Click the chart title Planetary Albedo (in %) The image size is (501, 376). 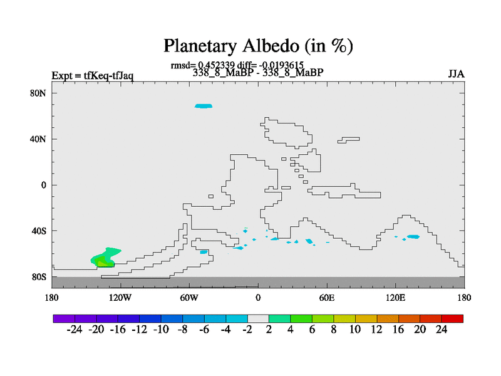[258, 46]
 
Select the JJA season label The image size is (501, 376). [456, 74]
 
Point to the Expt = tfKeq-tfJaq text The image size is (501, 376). [93, 76]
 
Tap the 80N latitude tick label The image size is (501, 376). [38, 93]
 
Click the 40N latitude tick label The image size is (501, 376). [38, 139]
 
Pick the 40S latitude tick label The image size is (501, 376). [39, 231]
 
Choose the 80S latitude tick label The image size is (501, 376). [39, 277]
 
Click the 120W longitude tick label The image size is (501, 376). [120, 298]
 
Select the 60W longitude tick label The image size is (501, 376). [189, 298]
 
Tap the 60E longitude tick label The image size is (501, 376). [327, 298]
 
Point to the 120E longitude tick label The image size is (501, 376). [396, 298]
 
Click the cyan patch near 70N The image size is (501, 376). [204, 106]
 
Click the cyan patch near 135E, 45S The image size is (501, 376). [413, 237]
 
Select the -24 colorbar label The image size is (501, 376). [75, 330]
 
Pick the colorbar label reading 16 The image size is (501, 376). [398, 330]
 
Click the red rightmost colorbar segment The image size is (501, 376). [452, 318]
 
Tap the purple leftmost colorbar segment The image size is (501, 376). [64, 318]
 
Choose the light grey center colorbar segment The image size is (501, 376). [258, 318]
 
